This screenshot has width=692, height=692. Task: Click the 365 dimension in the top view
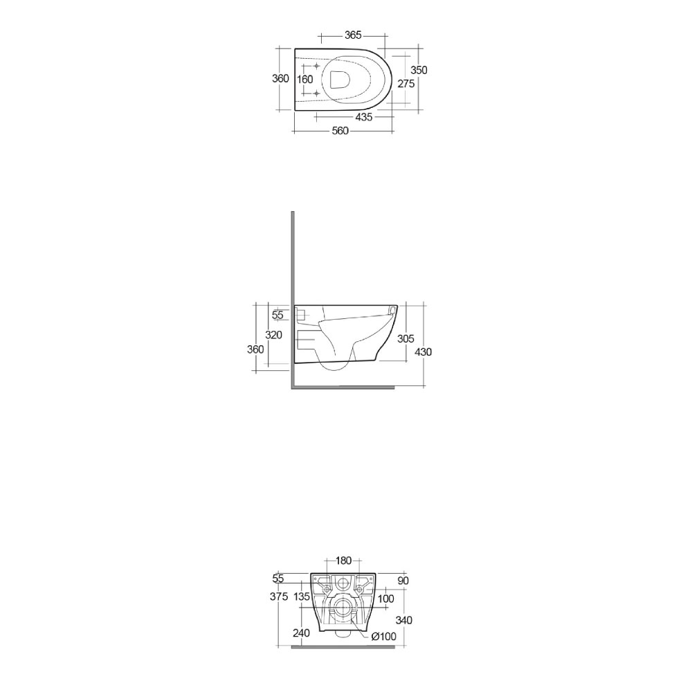(x=353, y=35)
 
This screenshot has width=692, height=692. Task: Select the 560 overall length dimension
(x=340, y=131)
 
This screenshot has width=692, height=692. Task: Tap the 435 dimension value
(x=364, y=117)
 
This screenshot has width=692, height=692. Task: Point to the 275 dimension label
(x=406, y=84)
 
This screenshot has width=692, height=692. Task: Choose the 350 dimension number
(x=419, y=70)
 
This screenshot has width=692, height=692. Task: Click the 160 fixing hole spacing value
(x=304, y=80)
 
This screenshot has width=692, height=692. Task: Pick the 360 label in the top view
(x=280, y=79)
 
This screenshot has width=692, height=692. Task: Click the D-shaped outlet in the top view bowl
(x=340, y=80)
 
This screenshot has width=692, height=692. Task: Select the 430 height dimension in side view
(x=424, y=352)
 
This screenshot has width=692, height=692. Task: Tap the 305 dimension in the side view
(x=406, y=338)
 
